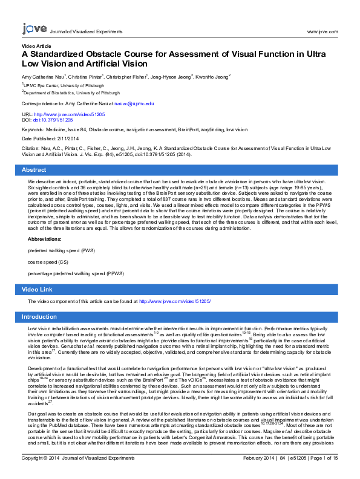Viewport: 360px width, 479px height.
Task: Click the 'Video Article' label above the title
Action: coord(36,46)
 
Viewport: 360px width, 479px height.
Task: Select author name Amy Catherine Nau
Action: coord(42,77)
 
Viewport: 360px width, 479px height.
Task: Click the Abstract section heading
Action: coord(34,170)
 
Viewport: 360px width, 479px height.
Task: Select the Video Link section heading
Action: coord(39,290)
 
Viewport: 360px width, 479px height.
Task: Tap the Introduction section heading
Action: coord(39,317)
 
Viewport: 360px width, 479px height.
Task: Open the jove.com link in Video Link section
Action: coord(174,301)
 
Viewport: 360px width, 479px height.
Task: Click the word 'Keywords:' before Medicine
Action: coord(33,129)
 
